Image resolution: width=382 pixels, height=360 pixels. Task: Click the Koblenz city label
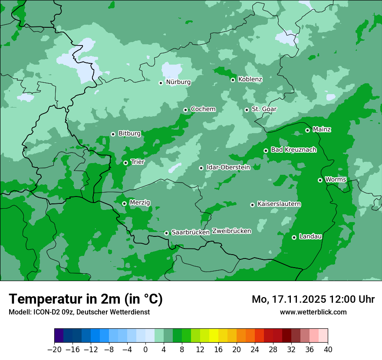(x=250, y=79)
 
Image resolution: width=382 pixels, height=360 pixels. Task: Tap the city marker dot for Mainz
(x=307, y=130)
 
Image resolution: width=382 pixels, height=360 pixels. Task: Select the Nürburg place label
(x=178, y=82)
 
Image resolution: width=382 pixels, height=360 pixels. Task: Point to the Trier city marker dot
(x=125, y=163)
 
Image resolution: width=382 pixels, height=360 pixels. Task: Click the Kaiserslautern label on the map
(x=279, y=204)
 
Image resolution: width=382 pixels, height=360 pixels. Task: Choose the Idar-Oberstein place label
(x=228, y=167)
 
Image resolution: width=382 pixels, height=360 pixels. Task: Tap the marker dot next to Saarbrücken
(x=166, y=233)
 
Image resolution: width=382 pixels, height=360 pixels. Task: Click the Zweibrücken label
(x=231, y=231)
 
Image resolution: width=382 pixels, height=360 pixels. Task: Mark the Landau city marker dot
(x=294, y=237)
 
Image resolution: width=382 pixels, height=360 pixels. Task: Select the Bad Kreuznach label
(x=293, y=150)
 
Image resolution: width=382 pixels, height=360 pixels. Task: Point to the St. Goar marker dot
(x=247, y=110)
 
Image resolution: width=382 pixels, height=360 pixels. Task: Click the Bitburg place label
(x=129, y=134)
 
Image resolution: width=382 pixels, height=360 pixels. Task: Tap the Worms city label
(x=336, y=180)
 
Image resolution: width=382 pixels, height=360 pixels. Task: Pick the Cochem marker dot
(x=185, y=110)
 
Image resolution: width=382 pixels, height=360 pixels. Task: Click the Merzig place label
(x=140, y=203)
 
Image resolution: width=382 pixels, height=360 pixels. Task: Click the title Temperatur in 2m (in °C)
(x=86, y=299)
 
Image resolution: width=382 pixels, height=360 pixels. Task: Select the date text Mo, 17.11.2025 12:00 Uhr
(x=313, y=299)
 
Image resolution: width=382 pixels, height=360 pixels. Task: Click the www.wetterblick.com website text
(x=313, y=312)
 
